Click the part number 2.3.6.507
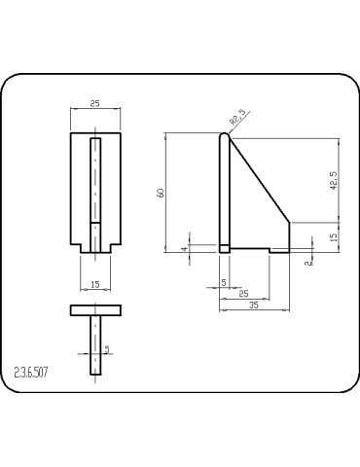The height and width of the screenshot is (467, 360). pos(31,373)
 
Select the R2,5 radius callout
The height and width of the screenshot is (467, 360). pos(237,117)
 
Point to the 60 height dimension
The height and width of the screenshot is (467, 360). pos(161,193)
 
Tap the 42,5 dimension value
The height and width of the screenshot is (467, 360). pos(334,180)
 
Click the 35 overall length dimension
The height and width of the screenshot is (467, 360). pos(254,305)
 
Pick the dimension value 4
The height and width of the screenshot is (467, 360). pos(184,249)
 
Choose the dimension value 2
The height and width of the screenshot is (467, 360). pos(308,262)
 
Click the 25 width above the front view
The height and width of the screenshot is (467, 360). pos(94,104)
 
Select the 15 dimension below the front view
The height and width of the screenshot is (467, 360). pos(94,284)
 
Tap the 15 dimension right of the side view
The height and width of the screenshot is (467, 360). pos(334,235)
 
